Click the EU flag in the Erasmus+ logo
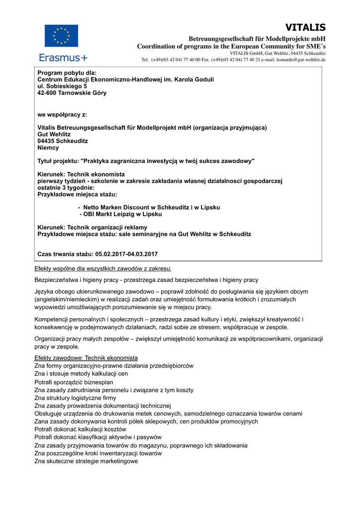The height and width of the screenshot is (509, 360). click(61, 36)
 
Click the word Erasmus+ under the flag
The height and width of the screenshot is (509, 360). click(63, 58)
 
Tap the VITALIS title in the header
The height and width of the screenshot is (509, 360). click(305, 27)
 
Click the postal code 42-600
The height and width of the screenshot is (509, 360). click(49, 92)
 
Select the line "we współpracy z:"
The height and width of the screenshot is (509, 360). click(62, 114)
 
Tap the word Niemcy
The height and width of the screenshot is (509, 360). click(48, 148)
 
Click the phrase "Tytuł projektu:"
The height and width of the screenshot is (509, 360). click(58, 161)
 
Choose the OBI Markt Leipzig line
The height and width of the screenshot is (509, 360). click(120, 214)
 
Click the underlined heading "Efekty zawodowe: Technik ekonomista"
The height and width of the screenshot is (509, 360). click(86, 358)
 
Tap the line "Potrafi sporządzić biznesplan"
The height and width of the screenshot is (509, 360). click(74, 382)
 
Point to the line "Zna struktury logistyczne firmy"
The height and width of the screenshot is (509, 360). click(75, 398)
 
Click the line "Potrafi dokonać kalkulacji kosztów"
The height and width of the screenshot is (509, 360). click(80, 429)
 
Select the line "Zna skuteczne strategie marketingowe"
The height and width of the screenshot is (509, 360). click(86, 461)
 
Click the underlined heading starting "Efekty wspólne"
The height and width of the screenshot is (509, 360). click(102, 269)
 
